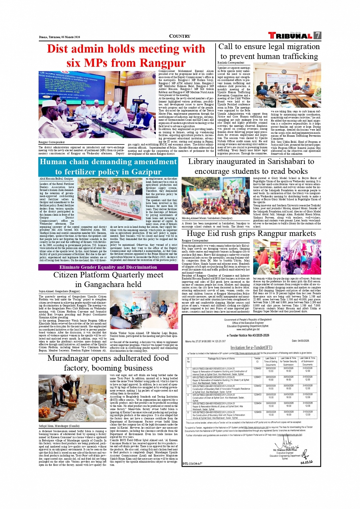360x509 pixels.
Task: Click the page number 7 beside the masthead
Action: pos(317,35)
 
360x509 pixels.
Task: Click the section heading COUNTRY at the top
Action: pos(179,36)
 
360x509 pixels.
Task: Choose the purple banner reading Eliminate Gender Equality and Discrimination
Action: pos(108,267)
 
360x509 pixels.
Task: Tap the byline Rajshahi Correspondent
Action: pos(231,63)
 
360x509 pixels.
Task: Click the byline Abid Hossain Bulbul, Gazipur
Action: pos(56,179)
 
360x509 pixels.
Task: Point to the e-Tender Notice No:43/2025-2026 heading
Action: pos(248,335)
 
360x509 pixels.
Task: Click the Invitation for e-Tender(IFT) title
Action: pos(251,347)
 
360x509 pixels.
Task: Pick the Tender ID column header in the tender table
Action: pos(258,360)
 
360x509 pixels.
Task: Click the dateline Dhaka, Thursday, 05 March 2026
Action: pos(59,37)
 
